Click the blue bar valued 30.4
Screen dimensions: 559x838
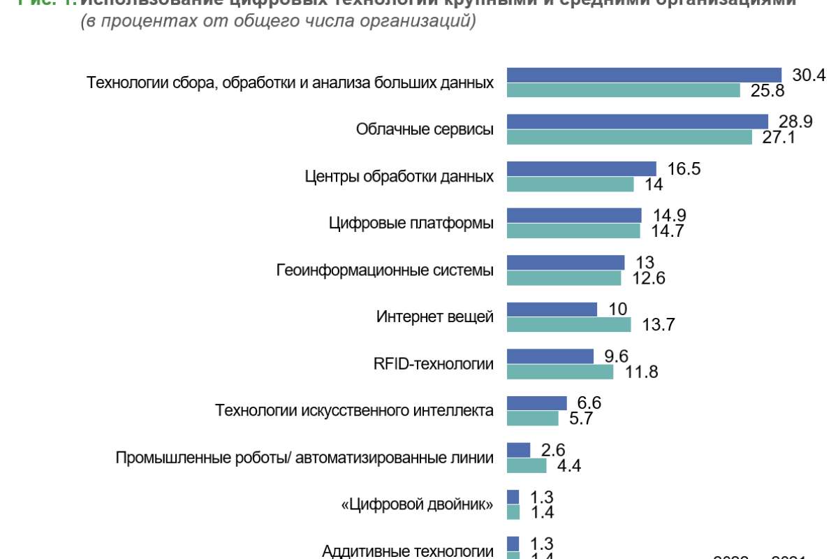click(x=644, y=75)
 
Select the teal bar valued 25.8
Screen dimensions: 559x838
click(x=623, y=90)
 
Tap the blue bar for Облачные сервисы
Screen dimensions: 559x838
click(x=637, y=122)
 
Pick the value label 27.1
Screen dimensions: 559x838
click(x=778, y=137)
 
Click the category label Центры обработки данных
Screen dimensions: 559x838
click(x=399, y=176)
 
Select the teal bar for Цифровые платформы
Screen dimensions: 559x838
click(x=573, y=231)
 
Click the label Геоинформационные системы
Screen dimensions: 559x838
click(x=385, y=270)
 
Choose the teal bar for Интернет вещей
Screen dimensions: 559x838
click(x=568, y=324)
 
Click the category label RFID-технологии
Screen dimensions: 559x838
click(x=434, y=363)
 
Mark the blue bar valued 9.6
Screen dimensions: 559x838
click(x=550, y=356)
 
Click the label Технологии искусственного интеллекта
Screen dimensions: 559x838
click(x=355, y=410)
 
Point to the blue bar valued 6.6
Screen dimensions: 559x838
click(x=536, y=402)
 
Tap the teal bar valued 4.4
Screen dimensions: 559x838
click(x=527, y=465)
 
